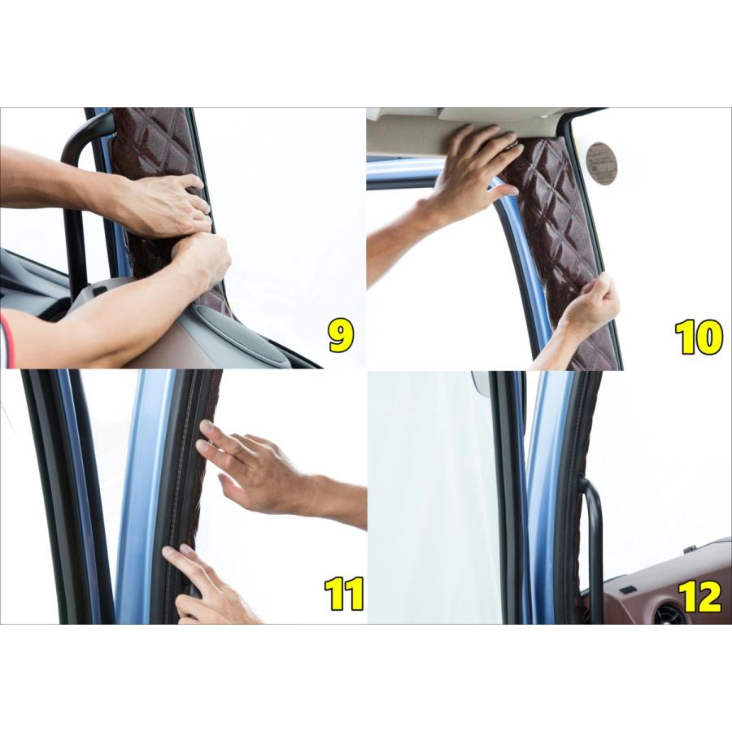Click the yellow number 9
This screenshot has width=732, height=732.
[341, 336]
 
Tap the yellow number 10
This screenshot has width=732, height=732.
[698, 337]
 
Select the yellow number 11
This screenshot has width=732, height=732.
[342, 594]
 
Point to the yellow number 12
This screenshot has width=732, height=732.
[699, 596]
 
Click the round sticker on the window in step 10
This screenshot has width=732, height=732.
[601, 163]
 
